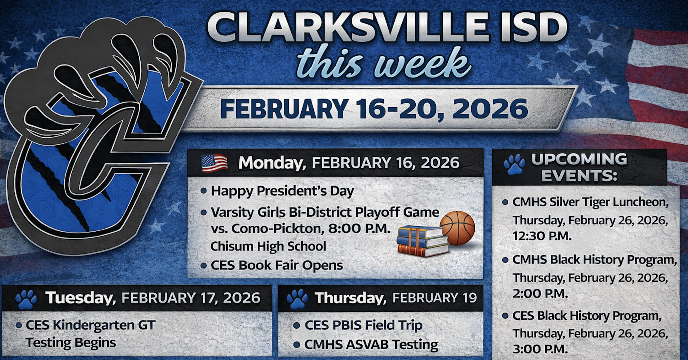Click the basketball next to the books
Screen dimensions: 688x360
[457, 228]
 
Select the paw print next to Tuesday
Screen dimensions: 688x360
[26, 299]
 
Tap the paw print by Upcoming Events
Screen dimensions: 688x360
[514, 164]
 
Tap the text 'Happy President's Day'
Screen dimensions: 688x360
[282, 191]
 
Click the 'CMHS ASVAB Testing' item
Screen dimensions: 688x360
[371, 345]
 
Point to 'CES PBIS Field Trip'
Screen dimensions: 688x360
[363, 325]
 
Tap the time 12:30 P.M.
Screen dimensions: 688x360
[542, 236]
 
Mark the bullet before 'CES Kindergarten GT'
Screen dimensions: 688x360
[19, 325]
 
